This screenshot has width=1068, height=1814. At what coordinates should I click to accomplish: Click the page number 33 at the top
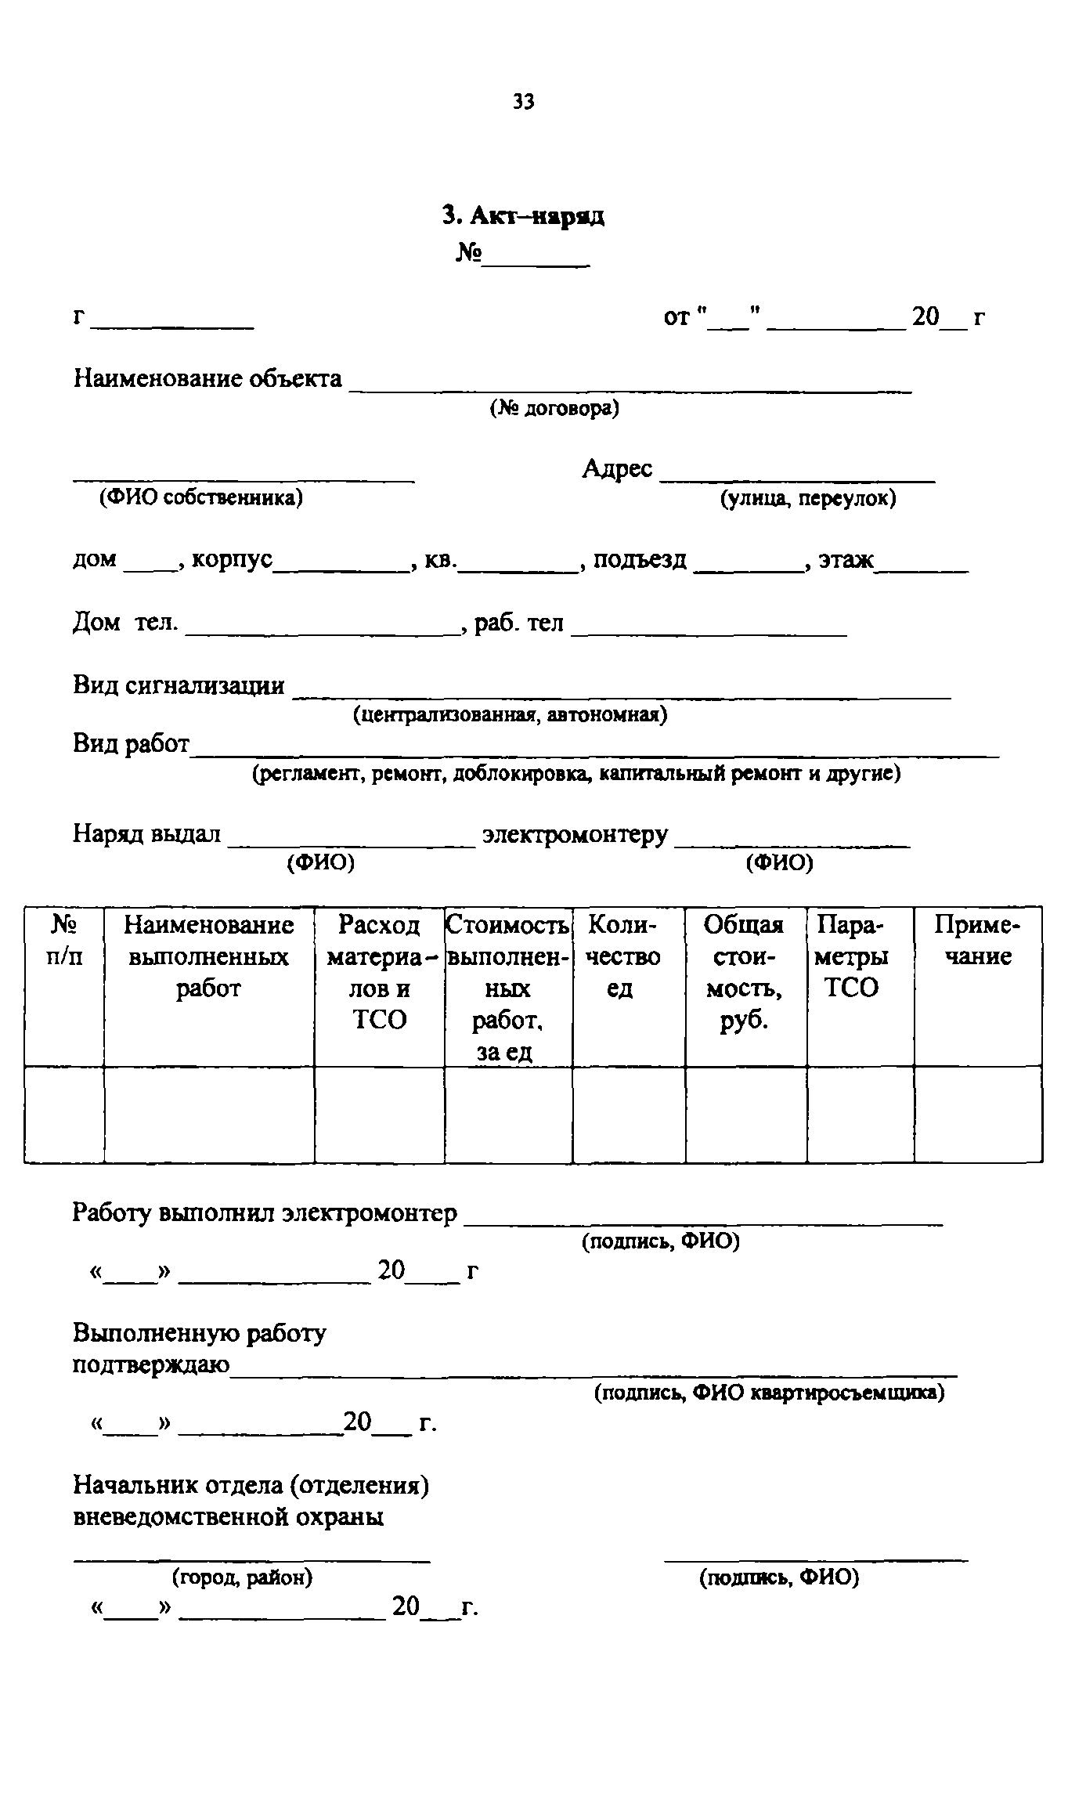click(524, 101)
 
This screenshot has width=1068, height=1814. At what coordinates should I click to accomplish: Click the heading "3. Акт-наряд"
click(523, 216)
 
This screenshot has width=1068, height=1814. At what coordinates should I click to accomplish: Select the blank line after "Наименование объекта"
click(630, 386)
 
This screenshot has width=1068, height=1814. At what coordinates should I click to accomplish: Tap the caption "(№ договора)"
click(554, 409)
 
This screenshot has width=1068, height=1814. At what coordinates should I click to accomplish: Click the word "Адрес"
click(617, 468)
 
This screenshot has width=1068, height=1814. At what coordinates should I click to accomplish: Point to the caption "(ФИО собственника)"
click(200, 497)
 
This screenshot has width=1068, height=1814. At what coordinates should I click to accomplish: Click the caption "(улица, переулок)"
click(808, 498)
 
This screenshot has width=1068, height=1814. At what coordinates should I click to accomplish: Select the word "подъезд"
click(640, 559)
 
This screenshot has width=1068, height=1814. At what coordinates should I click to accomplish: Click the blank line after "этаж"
click(922, 567)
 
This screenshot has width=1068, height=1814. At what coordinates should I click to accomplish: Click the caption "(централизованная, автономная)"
click(510, 714)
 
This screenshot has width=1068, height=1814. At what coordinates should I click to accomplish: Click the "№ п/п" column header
click(64, 941)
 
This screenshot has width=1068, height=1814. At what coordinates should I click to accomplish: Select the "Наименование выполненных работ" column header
click(208, 956)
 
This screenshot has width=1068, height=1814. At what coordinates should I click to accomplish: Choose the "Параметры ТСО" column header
click(852, 956)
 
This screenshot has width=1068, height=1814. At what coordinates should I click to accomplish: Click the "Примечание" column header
click(977, 941)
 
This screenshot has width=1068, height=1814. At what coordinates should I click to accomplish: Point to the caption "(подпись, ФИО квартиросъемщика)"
click(769, 1393)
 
